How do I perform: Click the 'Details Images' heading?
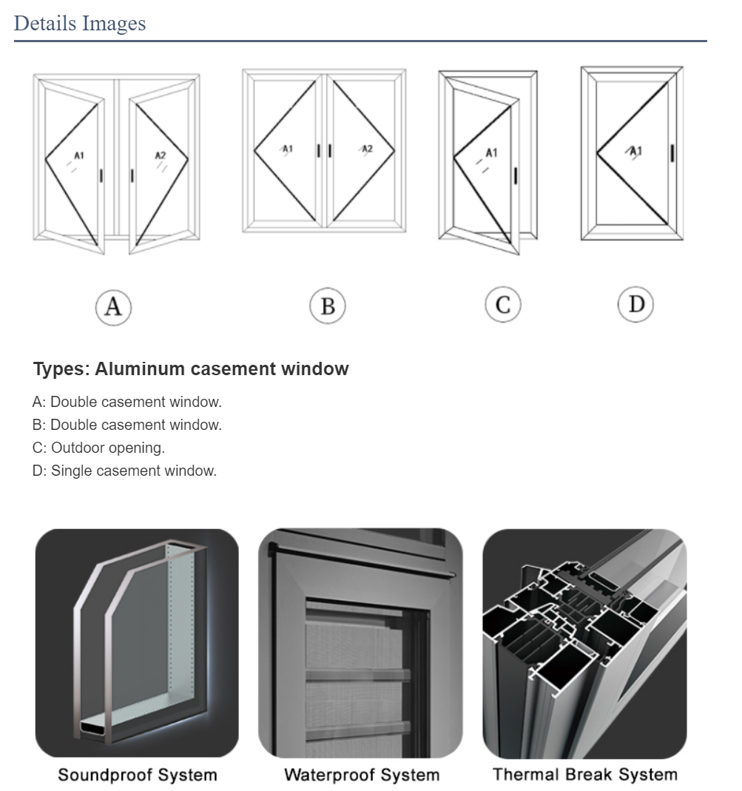click(80, 23)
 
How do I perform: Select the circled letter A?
click(113, 306)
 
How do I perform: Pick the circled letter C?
click(503, 305)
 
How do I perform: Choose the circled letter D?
click(636, 304)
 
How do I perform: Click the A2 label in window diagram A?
click(161, 155)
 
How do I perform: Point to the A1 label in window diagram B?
click(288, 149)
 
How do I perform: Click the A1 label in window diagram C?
click(491, 153)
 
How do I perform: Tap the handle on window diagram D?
click(672, 153)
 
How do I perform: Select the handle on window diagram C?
click(516, 175)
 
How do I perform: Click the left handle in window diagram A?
click(101, 175)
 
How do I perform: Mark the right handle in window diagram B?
click(330, 150)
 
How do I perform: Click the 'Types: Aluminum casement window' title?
click(191, 369)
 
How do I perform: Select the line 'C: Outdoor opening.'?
click(98, 448)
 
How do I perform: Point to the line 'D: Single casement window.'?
click(124, 471)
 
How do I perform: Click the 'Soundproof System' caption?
click(138, 775)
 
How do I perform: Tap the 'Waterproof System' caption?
click(362, 775)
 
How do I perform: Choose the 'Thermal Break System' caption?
click(585, 775)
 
